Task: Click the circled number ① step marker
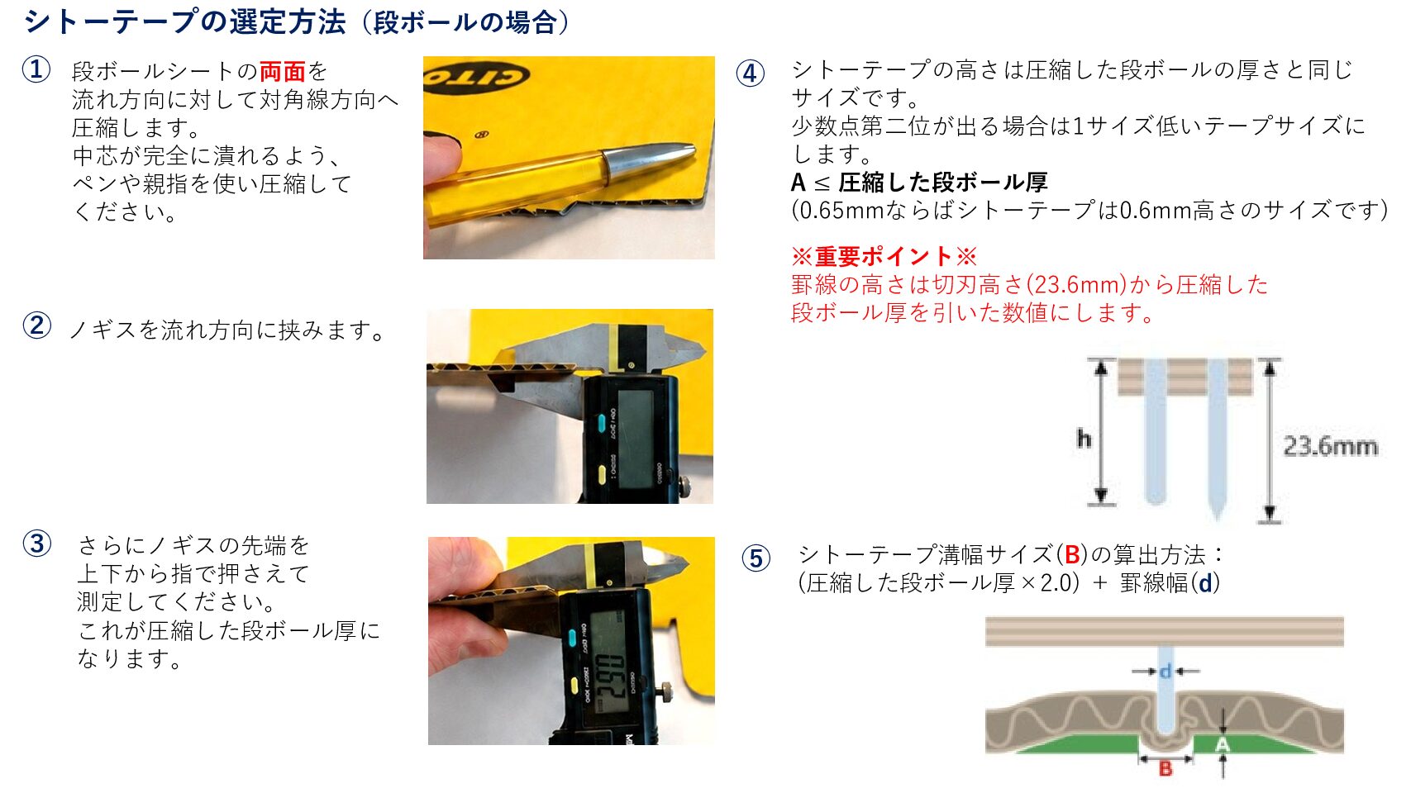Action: [36, 69]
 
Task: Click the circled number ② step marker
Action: [37, 326]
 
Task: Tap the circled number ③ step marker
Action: [37, 544]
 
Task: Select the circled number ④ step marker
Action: [751, 73]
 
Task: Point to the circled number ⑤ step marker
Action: [756, 558]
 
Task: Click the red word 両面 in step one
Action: [282, 72]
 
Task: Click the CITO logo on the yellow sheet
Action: [477, 76]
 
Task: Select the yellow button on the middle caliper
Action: [601, 474]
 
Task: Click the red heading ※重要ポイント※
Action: [884, 256]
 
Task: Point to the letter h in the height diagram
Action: [1084, 438]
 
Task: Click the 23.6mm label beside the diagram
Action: [1330, 446]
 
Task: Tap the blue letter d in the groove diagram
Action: [1166, 672]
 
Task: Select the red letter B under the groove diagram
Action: [1166, 768]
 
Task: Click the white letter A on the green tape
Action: [1222, 745]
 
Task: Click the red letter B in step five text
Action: [1071, 554]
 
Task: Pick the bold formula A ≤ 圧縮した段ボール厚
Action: [919, 183]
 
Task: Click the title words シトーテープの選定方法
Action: [184, 21]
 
